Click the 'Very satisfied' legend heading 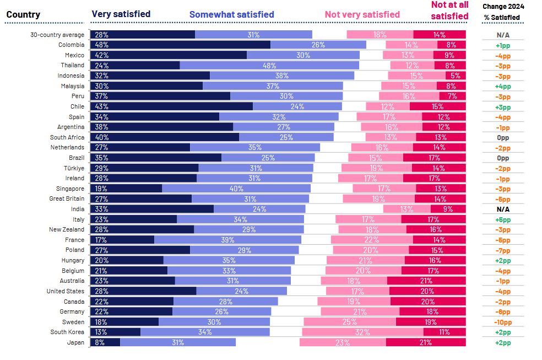click(x=121, y=14)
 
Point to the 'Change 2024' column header click(x=503, y=7)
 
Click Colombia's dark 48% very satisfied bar click(x=180, y=45)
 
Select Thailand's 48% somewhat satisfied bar click(x=269, y=65)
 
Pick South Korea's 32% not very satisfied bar click(x=362, y=332)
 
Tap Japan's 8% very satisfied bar click(x=105, y=342)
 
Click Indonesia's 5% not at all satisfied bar click(x=456, y=76)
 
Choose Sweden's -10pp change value click(x=502, y=322)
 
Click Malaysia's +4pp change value click(x=502, y=86)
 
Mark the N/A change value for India click(x=502, y=209)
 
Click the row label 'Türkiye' click(x=73, y=168)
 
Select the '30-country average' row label click(x=58, y=35)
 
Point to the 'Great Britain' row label click(x=67, y=199)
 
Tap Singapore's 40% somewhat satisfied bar click(x=236, y=189)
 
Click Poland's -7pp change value click(x=502, y=250)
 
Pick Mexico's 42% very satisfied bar click(x=169, y=55)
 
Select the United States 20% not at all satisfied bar click(x=427, y=291)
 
